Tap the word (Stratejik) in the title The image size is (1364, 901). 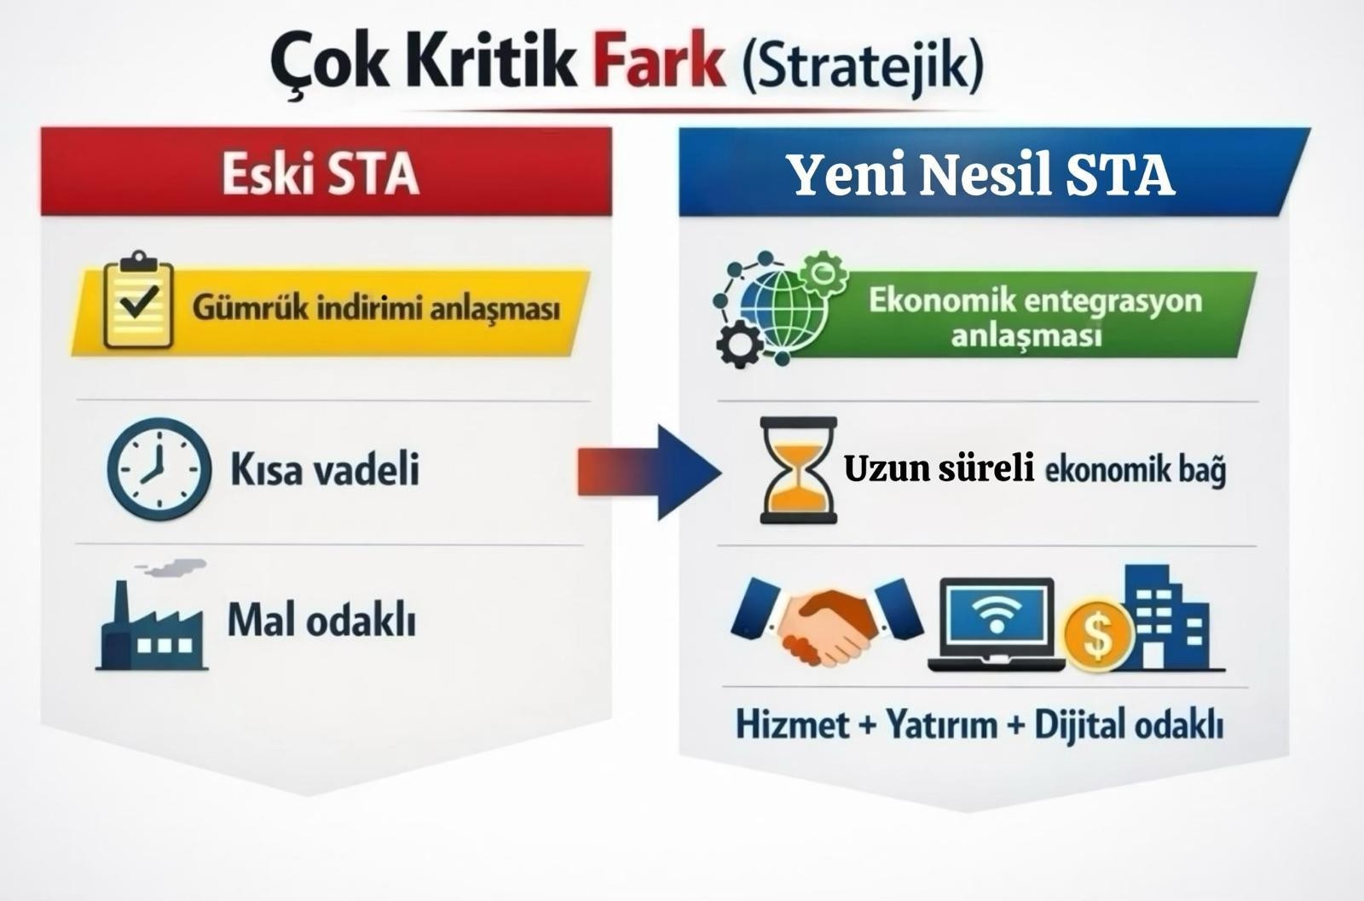click(862, 65)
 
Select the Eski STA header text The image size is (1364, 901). click(321, 174)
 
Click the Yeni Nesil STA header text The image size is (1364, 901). click(983, 175)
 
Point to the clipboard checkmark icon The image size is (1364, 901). click(139, 300)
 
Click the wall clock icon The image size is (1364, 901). click(159, 468)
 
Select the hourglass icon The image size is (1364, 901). click(798, 470)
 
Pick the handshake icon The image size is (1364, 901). click(827, 621)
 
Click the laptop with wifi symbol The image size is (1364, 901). click(997, 625)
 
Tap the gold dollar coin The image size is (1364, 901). click(1099, 635)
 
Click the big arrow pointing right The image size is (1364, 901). click(649, 473)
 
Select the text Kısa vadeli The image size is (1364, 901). click(325, 469)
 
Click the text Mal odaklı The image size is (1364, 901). click(321, 620)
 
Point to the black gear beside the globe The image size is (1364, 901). click(739, 344)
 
